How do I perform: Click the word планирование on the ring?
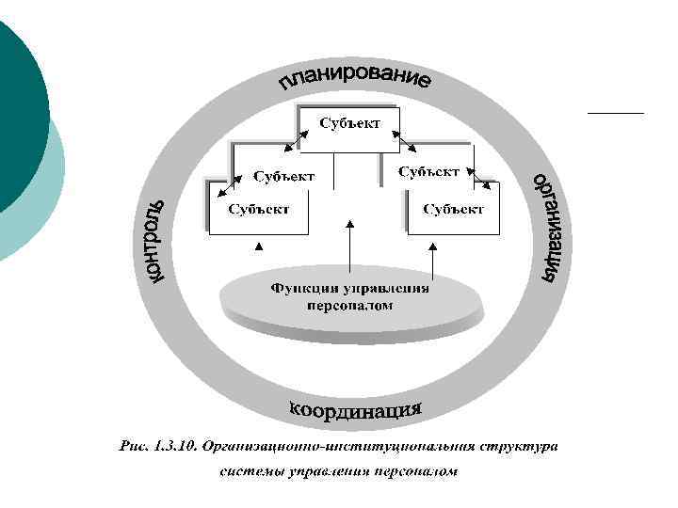tap(355, 82)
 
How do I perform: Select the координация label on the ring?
tap(354, 410)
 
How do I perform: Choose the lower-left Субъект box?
tap(257, 209)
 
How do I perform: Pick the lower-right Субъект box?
tap(453, 209)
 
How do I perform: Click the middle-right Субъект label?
tap(428, 172)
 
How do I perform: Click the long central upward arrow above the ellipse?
tap(349, 249)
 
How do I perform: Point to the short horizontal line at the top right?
tap(615, 112)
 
